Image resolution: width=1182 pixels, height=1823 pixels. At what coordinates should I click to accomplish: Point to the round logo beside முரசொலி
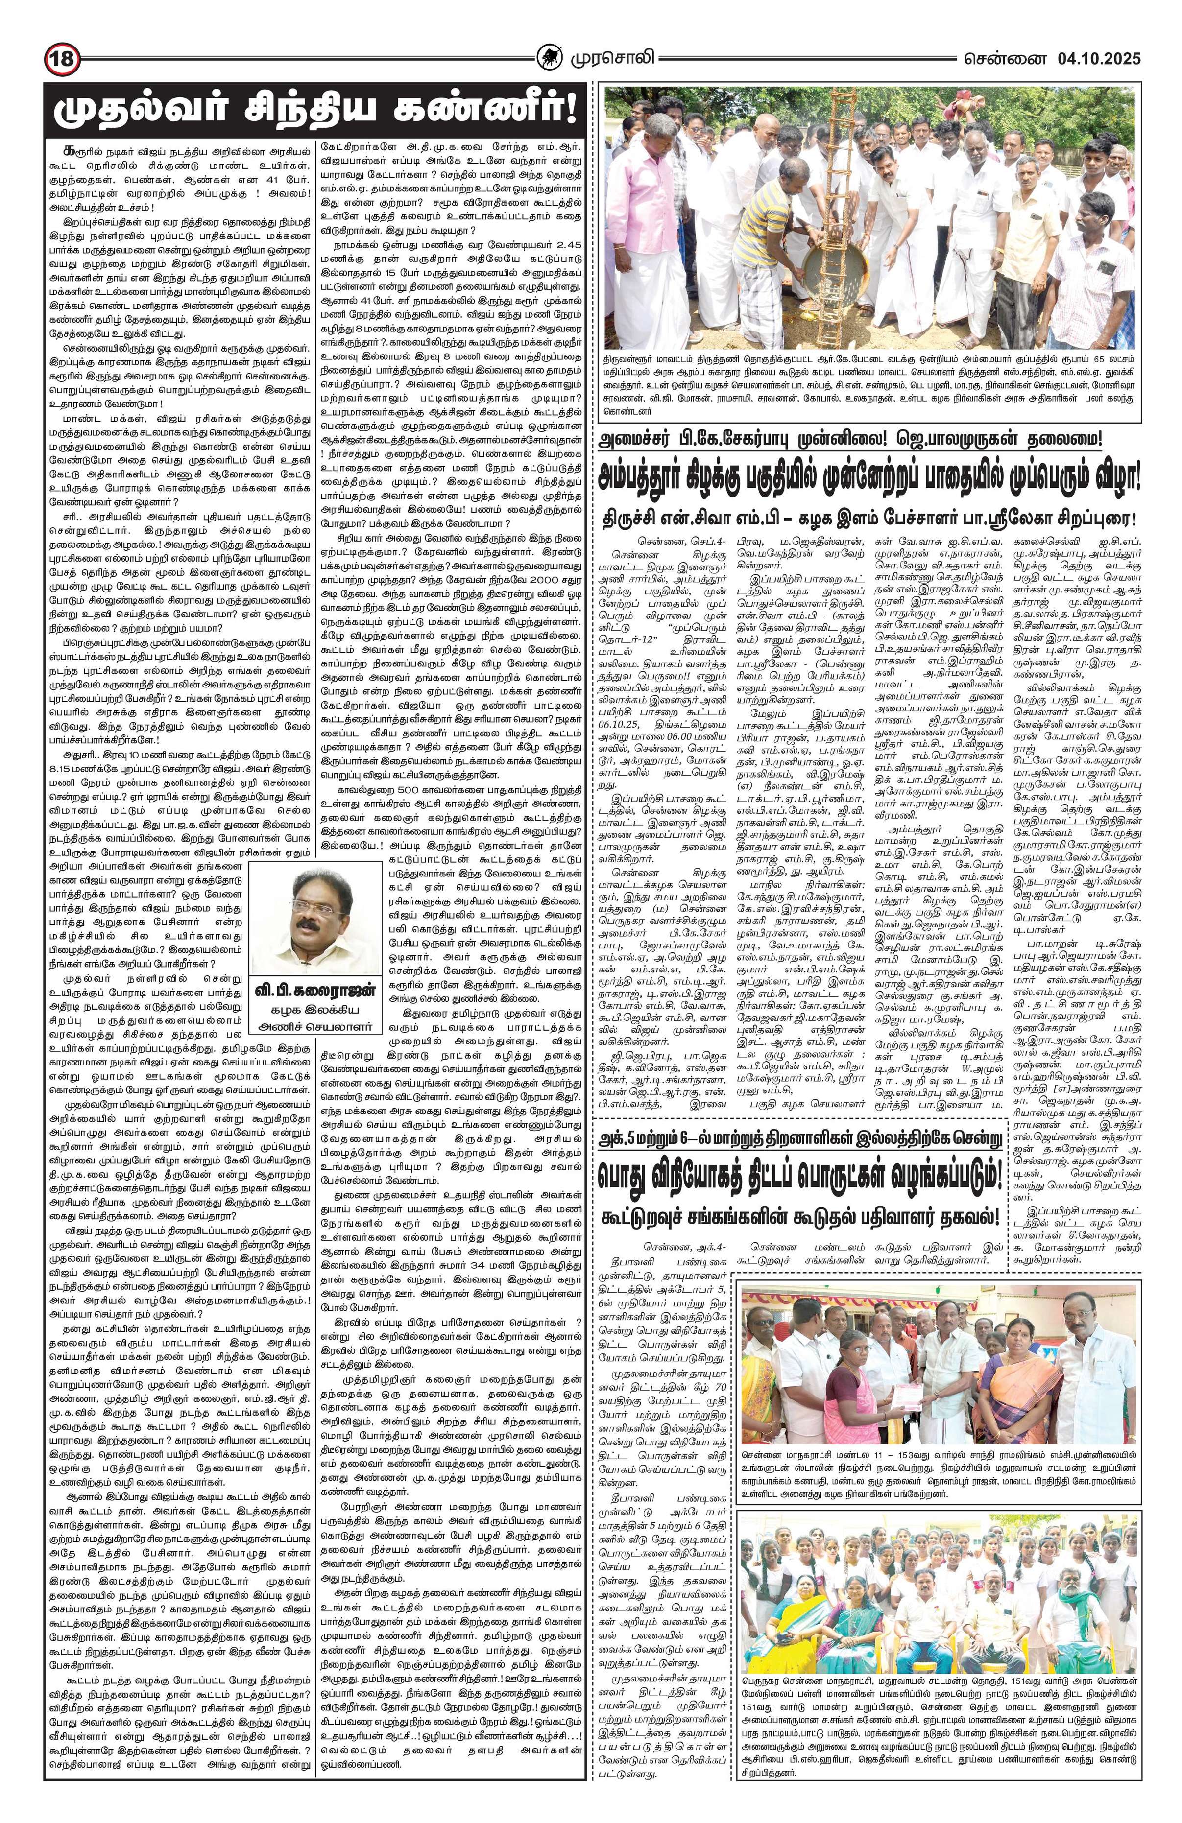(x=551, y=58)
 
